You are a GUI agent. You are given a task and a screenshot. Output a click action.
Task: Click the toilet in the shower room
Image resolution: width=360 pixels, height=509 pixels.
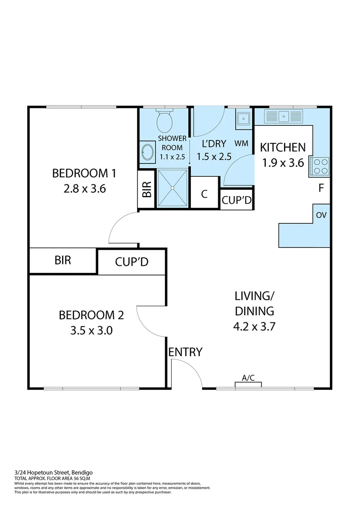coord(164,122)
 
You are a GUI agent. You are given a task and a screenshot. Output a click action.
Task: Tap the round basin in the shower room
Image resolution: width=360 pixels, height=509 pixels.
coord(147,153)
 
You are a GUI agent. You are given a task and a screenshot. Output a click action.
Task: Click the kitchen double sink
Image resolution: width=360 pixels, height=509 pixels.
coord(283,116)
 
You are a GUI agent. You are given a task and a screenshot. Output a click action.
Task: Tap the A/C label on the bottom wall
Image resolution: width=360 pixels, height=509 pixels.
coord(248,378)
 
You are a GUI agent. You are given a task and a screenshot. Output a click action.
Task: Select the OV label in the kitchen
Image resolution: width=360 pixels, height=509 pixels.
coord(321,215)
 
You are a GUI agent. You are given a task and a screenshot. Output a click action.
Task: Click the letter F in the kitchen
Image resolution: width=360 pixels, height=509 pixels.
coord(321,189)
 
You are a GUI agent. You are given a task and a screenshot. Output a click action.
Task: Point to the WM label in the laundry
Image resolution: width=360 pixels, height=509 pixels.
coord(241,143)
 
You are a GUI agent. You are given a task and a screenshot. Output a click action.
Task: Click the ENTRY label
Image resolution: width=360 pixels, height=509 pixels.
coord(186,352)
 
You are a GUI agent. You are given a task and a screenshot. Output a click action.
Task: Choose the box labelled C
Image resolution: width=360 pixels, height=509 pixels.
coord(205,194)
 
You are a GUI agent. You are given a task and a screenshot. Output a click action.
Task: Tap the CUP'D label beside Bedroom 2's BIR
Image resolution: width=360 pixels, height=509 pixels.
coord(131,262)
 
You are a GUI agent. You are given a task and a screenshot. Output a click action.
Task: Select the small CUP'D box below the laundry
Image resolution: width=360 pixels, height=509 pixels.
coord(237,200)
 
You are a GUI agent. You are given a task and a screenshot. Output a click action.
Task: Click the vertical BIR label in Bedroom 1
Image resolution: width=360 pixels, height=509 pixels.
coord(147,189)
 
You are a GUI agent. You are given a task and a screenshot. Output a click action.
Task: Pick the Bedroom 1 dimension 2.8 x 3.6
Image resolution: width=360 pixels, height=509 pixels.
coord(84,189)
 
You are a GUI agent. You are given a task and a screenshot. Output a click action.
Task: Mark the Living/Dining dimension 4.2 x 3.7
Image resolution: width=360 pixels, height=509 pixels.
coord(254,326)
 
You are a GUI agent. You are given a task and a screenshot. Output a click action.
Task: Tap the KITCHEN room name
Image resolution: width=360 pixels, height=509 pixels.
coord(283,148)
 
